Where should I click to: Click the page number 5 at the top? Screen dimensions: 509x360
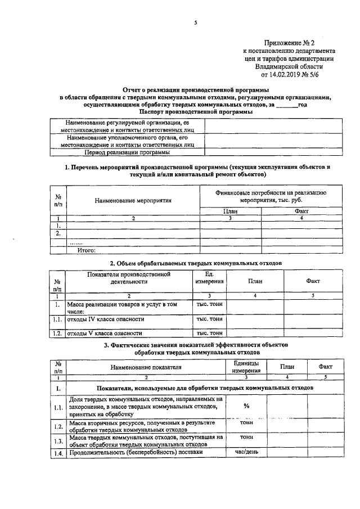tap(195, 22)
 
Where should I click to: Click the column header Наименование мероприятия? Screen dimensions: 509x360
tap(133, 199)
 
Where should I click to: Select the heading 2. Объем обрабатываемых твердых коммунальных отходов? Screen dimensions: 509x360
tap(196, 263)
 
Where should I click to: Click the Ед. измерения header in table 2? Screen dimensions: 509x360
tap(209, 277)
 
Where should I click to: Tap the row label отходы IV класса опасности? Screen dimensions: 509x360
tap(102, 319)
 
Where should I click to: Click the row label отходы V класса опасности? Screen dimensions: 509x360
tap(101, 334)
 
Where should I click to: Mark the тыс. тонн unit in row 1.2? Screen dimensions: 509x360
tap(209, 334)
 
